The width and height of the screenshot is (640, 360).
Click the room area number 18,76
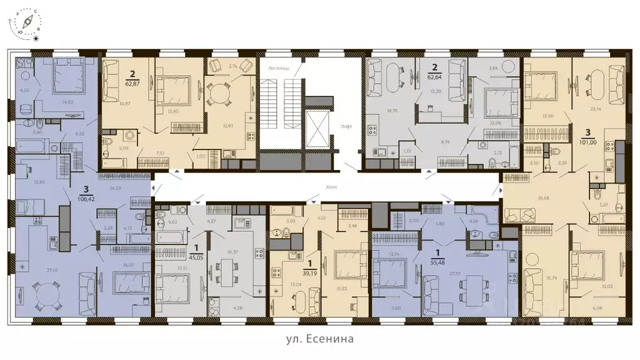392,110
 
